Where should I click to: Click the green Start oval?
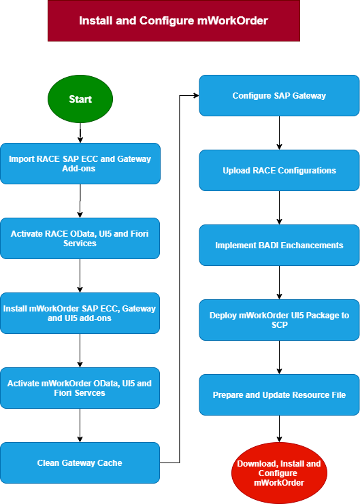click(80, 99)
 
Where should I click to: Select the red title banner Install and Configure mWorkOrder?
click(174, 20)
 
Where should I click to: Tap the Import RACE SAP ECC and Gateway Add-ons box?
click(80, 164)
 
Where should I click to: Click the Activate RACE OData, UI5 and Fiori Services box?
click(80, 239)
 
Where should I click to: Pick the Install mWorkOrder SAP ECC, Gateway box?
click(80, 314)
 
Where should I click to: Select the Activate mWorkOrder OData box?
click(80, 388)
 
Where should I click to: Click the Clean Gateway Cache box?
click(80, 463)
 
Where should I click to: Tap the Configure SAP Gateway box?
click(279, 95)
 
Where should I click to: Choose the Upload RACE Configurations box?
click(279, 170)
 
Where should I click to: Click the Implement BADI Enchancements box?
click(279, 246)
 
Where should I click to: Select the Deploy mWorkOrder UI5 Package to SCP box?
click(279, 320)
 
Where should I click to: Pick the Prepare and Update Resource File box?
click(279, 394)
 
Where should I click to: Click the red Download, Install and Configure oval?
click(279, 473)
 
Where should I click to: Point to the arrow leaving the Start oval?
click(80, 133)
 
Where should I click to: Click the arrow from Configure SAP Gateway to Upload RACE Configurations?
click(279, 133)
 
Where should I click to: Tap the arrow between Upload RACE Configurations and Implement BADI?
click(279, 207)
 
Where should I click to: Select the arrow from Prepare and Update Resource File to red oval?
click(279, 429)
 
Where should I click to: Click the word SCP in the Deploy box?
click(279, 325)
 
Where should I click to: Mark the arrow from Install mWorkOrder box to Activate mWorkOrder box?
click(80, 351)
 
